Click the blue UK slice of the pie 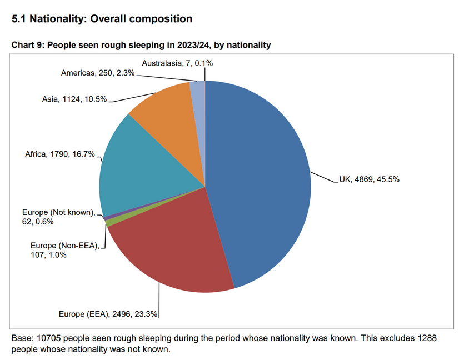[261, 178]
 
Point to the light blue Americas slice [198, 94]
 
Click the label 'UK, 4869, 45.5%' [369, 179]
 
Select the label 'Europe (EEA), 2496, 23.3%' [108, 314]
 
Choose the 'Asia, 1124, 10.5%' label [74, 99]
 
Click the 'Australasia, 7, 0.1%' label [177, 63]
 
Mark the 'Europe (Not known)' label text [59, 212]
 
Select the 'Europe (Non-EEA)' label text [64, 245]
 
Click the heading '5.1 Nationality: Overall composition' [102, 19]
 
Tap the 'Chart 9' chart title [141, 45]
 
